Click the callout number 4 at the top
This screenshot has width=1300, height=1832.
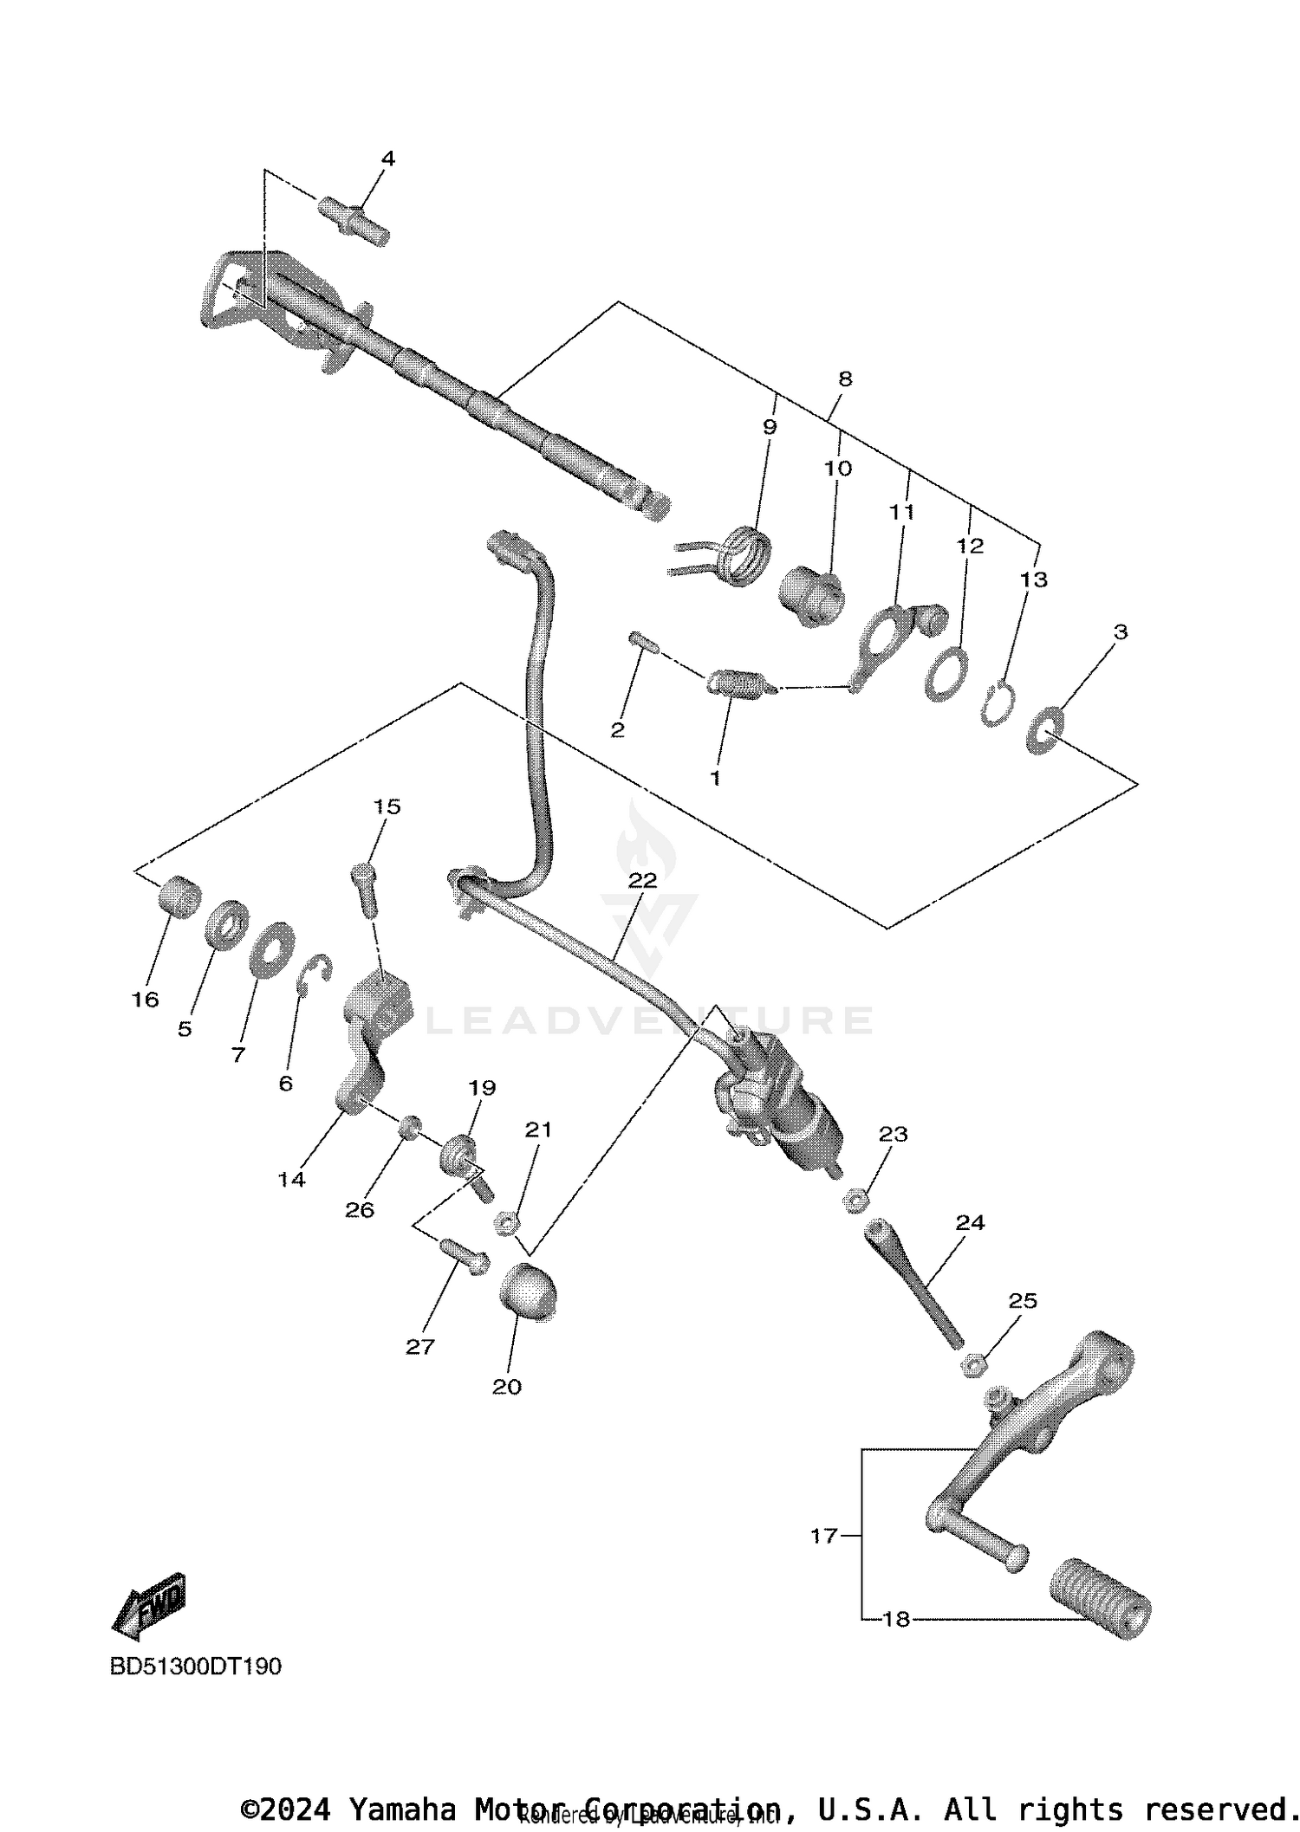[x=387, y=159]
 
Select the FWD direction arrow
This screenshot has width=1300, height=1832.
[x=149, y=1605]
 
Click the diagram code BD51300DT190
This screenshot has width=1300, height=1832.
[x=196, y=1666]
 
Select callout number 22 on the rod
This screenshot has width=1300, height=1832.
[x=642, y=880]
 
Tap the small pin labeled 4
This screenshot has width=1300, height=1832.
[x=355, y=220]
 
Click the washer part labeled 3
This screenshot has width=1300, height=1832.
[x=1043, y=730]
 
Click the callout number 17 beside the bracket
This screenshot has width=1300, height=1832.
[x=823, y=1536]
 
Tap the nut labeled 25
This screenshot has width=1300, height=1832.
[x=975, y=1367]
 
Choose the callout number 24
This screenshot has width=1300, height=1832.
[x=970, y=1222]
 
